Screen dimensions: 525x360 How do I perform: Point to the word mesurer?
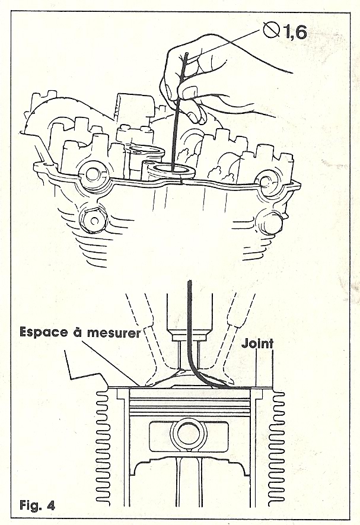point(113,333)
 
